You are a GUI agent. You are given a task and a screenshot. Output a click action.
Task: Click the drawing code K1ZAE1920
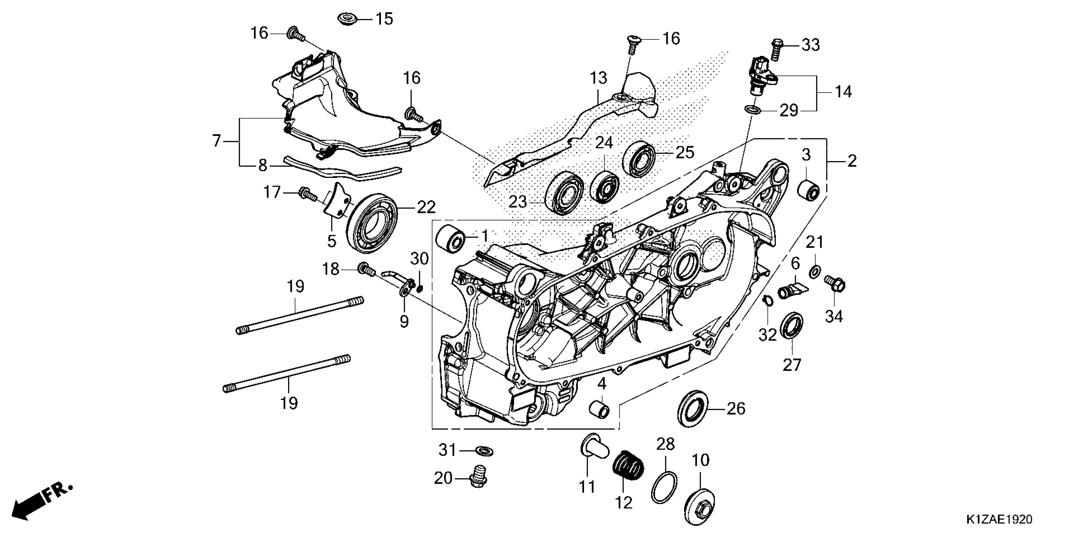click(999, 520)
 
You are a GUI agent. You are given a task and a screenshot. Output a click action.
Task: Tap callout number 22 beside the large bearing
click(426, 207)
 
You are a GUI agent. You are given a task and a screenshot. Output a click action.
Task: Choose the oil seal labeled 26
click(692, 408)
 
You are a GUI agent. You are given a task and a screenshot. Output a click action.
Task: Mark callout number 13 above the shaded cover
click(598, 78)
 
